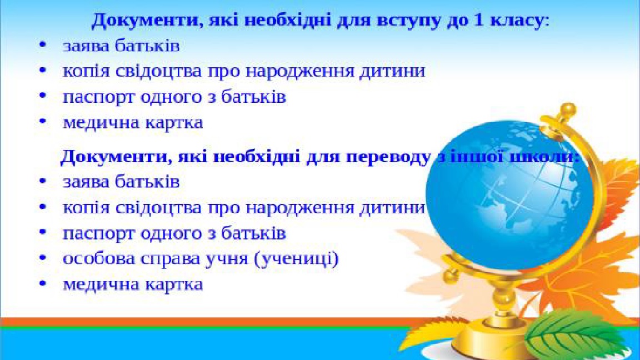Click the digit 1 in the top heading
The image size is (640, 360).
click(x=493, y=21)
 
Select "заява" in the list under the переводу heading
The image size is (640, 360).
click(x=86, y=182)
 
